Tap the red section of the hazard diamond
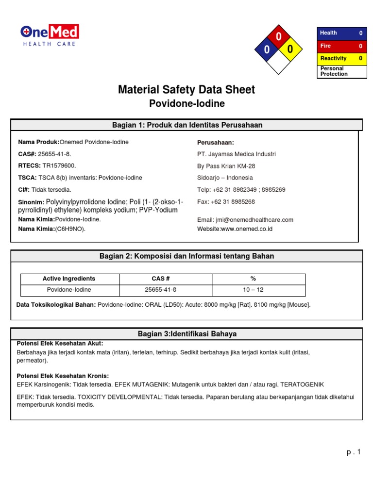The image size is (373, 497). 278,37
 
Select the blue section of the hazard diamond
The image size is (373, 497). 267,50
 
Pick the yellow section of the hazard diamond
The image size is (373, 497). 290,50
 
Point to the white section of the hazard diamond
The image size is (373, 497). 278,62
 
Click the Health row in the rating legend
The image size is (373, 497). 341,33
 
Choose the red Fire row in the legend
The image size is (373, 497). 341,46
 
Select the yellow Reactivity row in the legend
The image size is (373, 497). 341,58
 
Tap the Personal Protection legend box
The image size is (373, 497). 341,71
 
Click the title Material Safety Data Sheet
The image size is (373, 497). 186,89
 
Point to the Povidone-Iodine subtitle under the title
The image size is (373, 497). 186,104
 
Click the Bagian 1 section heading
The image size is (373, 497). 187,125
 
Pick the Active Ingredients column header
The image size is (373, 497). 69,279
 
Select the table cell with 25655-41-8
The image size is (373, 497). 161,290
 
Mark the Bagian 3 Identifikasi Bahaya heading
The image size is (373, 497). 187,334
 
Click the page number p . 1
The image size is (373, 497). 354,452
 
